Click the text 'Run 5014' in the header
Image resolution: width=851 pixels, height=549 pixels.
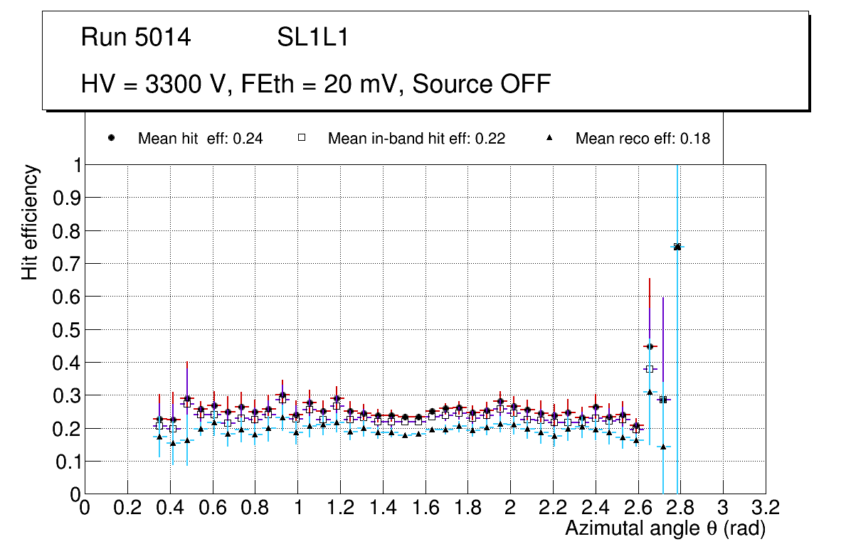(x=136, y=38)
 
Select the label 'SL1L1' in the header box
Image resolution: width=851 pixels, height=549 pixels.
(x=312, y=38)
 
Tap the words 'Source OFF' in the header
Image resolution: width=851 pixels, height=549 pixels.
(x=482, y=84)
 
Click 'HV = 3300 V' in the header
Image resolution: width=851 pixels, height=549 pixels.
(x=152, y=84)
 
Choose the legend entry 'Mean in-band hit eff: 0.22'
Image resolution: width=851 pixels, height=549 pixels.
(x=416, y=139)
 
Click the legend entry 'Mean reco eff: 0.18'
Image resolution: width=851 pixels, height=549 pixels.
(x=643, y=139)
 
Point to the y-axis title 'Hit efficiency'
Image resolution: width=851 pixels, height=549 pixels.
(x=30, y=222)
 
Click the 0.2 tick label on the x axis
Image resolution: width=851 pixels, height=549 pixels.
(x=127, y=508)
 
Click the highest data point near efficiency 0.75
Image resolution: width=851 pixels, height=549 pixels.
(x=677, y=247)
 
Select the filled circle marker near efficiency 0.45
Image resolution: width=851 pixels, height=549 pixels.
(x=649, y=346)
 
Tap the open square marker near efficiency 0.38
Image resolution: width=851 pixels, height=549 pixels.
(x=649, y=369)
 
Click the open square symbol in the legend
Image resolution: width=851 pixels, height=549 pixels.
(x=301, y=139)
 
